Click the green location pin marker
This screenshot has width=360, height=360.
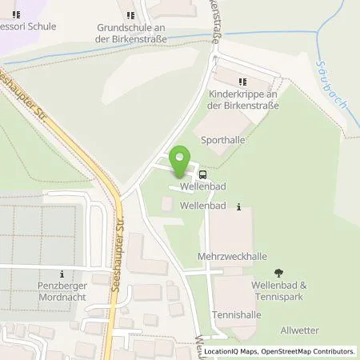[x=181, y=162]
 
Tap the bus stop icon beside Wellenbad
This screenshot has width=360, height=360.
[x=202, y=174]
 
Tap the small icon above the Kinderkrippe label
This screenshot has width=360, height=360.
[x=242, y=82]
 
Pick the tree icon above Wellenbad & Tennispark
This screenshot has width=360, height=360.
[x=278, y=274]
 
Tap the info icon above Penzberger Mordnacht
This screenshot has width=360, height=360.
[x=61, y=274]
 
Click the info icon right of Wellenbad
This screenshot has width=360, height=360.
[x=238, y=206]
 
